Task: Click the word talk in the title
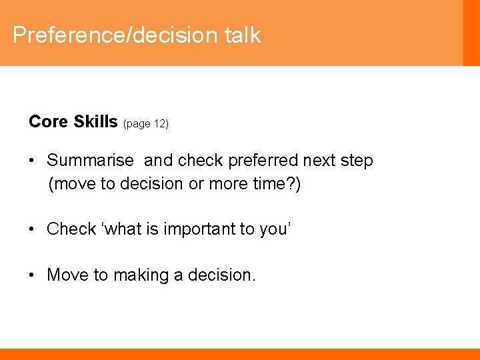[243, 35]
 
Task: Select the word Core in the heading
[49, 121]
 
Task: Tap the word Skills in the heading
[95, 121]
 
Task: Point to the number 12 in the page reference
[159, 124]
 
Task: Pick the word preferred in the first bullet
[263, 161]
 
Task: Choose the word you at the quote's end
[273, 229]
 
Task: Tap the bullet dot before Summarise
[32, 161]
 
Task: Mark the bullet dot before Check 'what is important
[32, 229]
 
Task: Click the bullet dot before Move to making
[32, 274]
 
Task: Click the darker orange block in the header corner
[471, 33]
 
